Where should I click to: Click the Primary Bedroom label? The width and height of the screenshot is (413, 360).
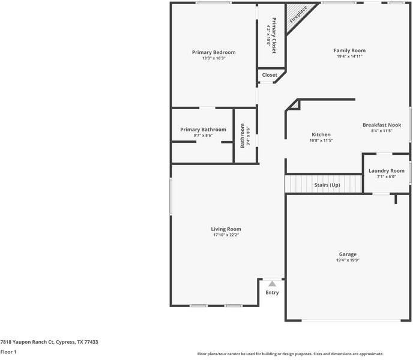coord(214,52)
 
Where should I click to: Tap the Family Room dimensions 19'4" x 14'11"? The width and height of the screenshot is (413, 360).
coord(349,56)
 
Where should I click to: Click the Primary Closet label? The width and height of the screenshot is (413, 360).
coord(274,36)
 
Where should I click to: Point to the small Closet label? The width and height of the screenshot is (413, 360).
coord(270,75)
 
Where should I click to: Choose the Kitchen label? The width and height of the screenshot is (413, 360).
coord(321,134)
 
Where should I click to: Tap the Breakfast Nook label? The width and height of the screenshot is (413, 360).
coord(381,125)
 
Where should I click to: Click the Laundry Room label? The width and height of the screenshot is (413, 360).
coord(386,170)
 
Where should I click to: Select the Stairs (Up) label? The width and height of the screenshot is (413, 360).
coord(327,185)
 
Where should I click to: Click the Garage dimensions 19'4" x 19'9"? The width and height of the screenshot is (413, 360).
coord(348,260)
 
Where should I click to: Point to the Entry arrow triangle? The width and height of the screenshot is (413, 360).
coord(272,284)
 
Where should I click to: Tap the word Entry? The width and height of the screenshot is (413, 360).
coord(272,293)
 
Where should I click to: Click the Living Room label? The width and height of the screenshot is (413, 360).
coord(226,229)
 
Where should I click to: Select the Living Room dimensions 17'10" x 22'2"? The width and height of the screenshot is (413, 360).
coord(226,235)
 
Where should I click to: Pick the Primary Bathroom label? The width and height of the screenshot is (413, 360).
coord(203,130)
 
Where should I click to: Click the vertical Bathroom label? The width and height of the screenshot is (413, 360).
coord(243,136)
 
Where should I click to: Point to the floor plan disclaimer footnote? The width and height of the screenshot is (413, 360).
coord(290,354)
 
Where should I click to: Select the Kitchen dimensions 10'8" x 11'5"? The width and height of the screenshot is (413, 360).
coord(321,140)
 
